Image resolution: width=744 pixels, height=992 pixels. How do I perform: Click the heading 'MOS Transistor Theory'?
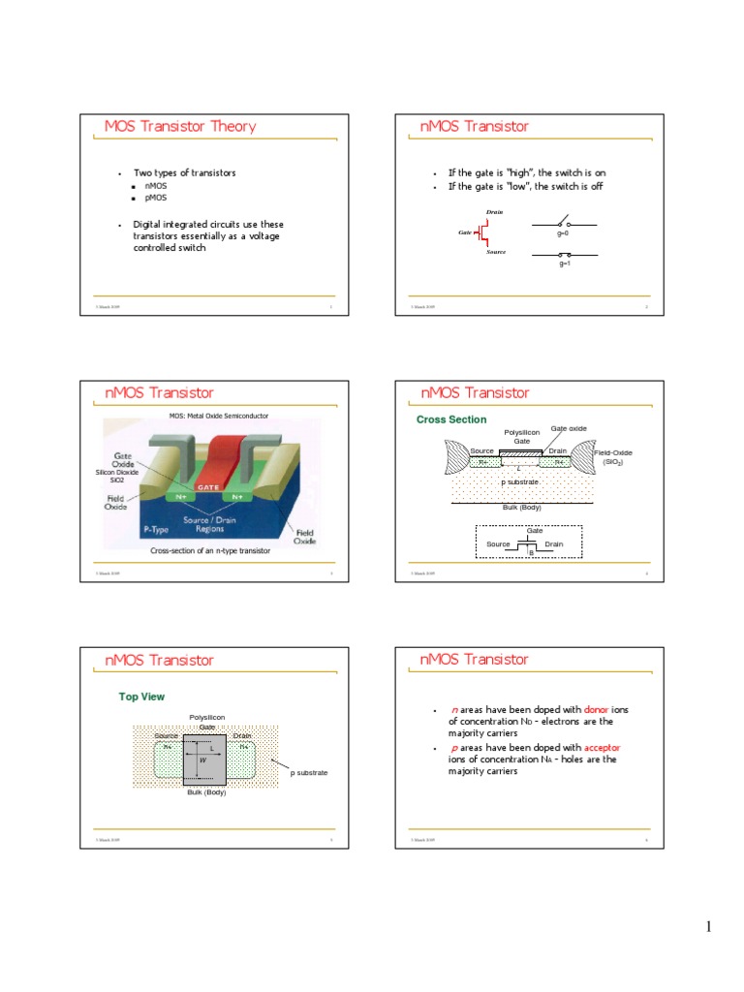pos(180,126)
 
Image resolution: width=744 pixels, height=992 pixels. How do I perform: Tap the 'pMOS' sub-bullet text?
pos(155,197)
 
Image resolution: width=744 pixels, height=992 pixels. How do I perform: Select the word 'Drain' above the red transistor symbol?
pos(494,211)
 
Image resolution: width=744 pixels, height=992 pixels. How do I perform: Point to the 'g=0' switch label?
pos(563,233)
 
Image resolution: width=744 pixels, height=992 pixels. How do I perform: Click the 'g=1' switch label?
pos(564,263)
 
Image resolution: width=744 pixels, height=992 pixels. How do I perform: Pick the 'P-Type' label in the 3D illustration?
pos(157,530)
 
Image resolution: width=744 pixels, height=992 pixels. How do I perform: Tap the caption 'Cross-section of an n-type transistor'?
pos(209,550)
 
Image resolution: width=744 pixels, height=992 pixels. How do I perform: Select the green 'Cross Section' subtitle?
pos(451,419)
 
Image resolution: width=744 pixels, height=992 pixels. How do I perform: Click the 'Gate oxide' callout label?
pos(569,427)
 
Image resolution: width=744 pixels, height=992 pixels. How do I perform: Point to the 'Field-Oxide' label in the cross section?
pos(613,452)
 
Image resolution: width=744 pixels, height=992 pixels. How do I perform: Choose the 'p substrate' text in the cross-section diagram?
pos(520,481)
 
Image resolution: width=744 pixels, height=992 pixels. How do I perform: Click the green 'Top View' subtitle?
pos(141,697)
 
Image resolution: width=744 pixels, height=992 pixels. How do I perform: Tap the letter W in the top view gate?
pos(202,760)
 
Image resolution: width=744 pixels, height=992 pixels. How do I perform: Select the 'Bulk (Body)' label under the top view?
pos(206,792)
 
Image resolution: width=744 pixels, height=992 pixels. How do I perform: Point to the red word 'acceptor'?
pos(602,747)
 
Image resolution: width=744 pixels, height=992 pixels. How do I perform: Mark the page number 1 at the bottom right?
pos(708,927)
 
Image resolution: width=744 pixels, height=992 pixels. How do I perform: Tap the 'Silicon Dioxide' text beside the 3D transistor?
pos(117,472)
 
